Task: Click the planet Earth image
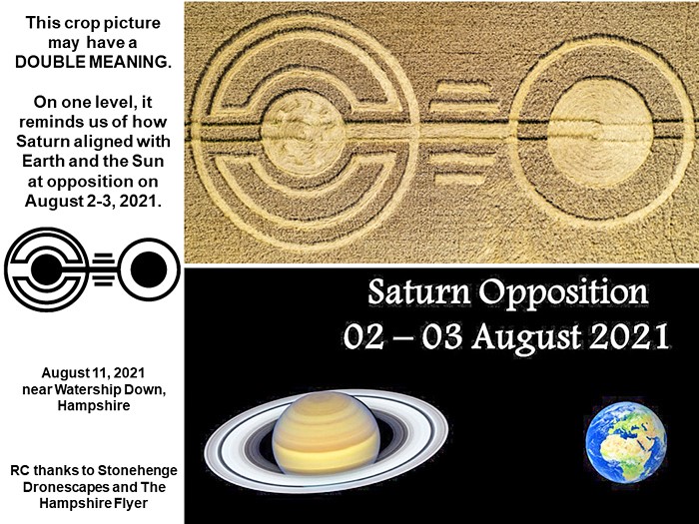click(626, 442)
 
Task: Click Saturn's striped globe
click(326, 432)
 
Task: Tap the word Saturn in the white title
click(419, 292)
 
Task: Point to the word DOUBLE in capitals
click(51, 62)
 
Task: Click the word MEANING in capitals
click(130, 62)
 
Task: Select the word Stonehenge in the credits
click(138, 470)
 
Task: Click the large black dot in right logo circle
click(149, 269)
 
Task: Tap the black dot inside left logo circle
click(46, 269)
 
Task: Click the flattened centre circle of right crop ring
click(600, 132)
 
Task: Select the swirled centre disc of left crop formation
click(304, 133)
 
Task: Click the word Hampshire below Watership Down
click(94, 406)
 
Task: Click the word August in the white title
click(526, 338)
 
